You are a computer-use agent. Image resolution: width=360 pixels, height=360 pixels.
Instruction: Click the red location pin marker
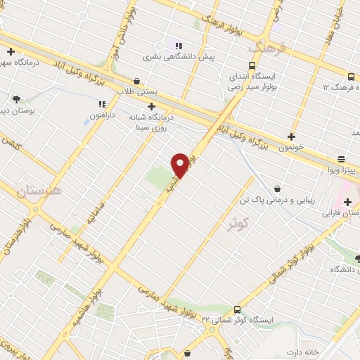[181, 164]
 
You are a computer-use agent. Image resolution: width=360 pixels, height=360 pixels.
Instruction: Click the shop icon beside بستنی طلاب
[136, 81]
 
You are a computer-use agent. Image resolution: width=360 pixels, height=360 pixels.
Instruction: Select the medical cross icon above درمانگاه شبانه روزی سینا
[151, 106]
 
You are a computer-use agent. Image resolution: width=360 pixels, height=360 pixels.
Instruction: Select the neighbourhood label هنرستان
[39, 190]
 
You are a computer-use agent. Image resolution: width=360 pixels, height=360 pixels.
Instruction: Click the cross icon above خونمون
[292, 136]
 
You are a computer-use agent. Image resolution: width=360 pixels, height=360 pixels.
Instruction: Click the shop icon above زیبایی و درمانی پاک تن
[278, 188]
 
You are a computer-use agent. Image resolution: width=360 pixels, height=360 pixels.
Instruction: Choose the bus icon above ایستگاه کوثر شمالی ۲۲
[237, 309]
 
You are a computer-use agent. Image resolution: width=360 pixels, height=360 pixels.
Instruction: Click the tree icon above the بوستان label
[16, 99]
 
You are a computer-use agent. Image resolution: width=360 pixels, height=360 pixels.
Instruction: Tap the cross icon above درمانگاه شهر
[11, 51]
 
